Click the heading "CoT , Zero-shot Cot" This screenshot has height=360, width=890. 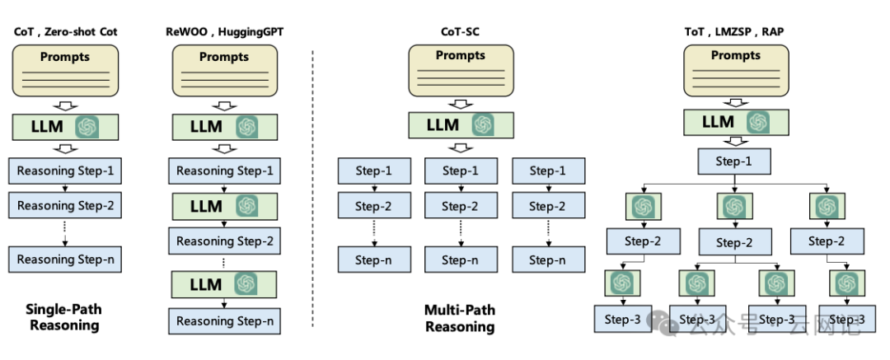tap(65, 31)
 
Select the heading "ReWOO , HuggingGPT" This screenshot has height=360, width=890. tap(223, 31)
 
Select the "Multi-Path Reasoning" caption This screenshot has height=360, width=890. tap(460, 319)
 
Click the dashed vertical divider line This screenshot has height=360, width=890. tap(313, 189)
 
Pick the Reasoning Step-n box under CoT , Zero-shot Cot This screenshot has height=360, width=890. tap(65, 259)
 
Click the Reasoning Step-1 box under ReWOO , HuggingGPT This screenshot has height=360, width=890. tap(223, 171)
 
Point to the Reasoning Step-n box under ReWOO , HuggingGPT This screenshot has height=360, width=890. tap(223, 320)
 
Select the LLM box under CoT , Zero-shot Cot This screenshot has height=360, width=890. tap(65, 126)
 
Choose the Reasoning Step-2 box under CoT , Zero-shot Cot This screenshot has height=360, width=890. tap(65, 205)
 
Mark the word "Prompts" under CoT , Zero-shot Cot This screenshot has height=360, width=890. tap(65, 57)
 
